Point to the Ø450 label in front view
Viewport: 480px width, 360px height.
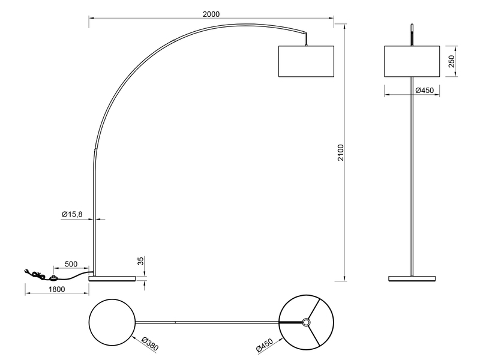[x=424, y=90]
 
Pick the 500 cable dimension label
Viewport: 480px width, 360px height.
[x=71, y=264]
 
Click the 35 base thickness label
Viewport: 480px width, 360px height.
[x=140, y=262]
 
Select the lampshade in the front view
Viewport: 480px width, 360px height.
[x=412, y=61]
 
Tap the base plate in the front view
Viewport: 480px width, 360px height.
[x=412, y=278]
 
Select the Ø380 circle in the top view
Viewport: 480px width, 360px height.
[x=111, y=322]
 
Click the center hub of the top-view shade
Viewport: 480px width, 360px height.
[x=307, y=322]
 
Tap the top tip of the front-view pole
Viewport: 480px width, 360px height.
[x=412, y=26]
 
